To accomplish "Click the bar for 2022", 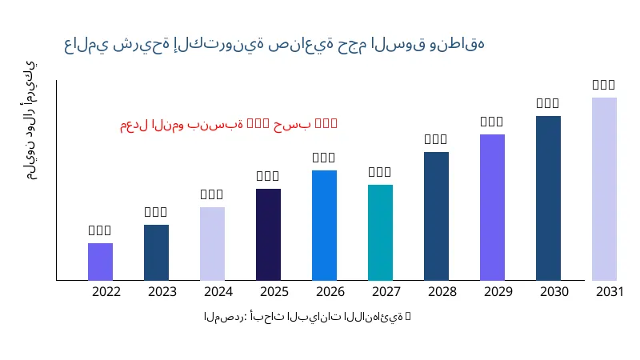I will click(x=100, y=262).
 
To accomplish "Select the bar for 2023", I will click(x=156, y=252).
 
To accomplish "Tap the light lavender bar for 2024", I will click(x=212, y=243).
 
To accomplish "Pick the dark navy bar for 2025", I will click(x=268, y=234).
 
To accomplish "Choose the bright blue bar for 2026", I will click(x=324, y=225).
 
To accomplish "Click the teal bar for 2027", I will click(x=380, y=232).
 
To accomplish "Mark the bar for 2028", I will click(x=436, y=216).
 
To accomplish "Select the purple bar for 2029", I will click(x=492, y=207).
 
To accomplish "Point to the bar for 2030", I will click(x=548, y=198).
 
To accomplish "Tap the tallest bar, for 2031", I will click(x=604, y=189).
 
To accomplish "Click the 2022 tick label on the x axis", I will click(x=106, y=292).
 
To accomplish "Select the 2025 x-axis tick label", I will click(x=274, y=292).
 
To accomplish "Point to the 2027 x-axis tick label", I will click(x=386, y=292).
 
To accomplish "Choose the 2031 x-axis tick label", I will click(x=610, y=292).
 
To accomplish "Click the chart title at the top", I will click(x=274, y=44).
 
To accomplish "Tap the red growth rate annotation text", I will click(x=229, y=124).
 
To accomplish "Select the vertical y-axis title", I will click(x=30, y=120).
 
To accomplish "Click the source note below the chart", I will click(x=307, y=317).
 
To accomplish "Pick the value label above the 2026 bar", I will click(x=324, y=158).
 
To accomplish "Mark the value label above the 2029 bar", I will click(x=492, y=122).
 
